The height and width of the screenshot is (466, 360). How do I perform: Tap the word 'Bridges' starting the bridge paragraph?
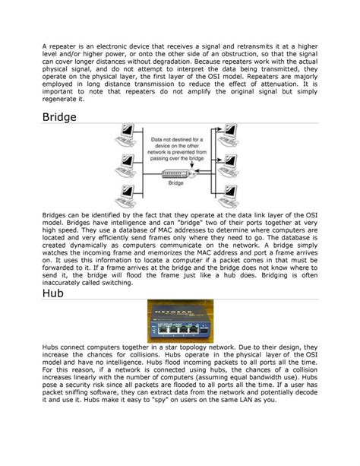58,216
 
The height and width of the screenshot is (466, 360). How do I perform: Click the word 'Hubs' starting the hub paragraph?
51,347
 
